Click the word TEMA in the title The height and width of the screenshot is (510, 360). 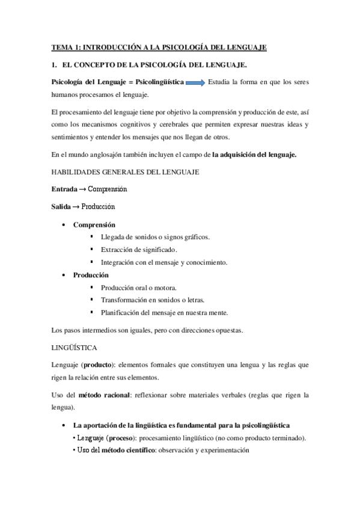[61, 47]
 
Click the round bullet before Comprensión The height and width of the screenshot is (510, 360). [64, 225]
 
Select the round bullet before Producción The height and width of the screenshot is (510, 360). [64, 275]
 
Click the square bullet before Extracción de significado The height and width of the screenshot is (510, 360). [92, 250]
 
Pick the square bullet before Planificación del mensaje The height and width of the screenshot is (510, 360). [92, 312]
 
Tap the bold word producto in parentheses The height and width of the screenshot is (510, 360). [100, 365]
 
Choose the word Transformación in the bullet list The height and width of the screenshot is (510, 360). [124, 300]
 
